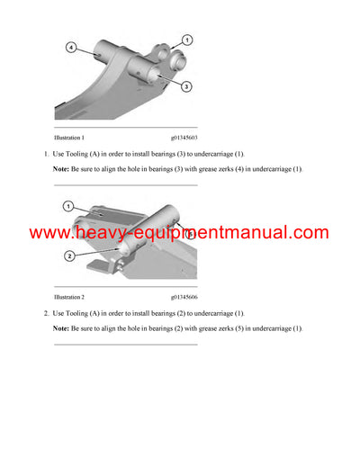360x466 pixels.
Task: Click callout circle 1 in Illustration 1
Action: click(185, 39)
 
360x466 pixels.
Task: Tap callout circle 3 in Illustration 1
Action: click(185, 86)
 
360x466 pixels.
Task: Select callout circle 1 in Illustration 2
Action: click(68, 207)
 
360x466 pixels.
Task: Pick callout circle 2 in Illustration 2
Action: click(68, 256)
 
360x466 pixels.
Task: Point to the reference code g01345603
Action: click(183, 138)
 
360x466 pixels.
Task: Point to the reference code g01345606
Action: click(183, 296)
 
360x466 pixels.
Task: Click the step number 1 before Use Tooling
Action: click(45, 154)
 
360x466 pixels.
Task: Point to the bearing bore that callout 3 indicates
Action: click(163, 67)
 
